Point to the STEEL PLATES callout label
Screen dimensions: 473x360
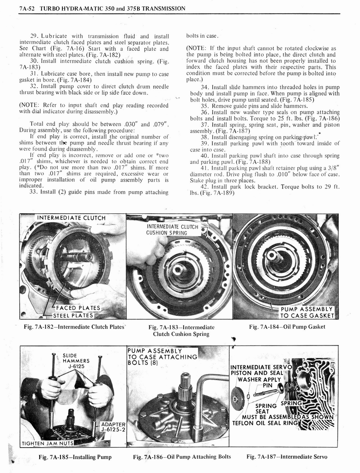click(x=73, y=316)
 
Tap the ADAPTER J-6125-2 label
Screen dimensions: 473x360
click(x=113, y=428)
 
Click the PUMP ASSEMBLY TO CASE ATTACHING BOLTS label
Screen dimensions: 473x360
click(x=162, y=357)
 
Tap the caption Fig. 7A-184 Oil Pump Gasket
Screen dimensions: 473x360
click(x=287, y=327)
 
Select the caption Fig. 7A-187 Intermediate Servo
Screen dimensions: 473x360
click(x=287, y=457)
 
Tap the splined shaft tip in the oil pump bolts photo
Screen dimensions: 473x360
click(x=185, y=382)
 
